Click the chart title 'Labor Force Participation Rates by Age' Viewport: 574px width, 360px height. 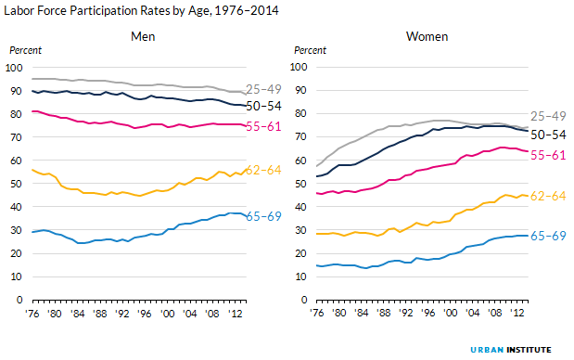(x=139, y=10)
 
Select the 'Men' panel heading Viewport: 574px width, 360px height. (x=142, y=37)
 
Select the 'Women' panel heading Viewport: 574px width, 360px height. (x=426, y=37)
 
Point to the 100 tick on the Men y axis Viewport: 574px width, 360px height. (x=14, y=68)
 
